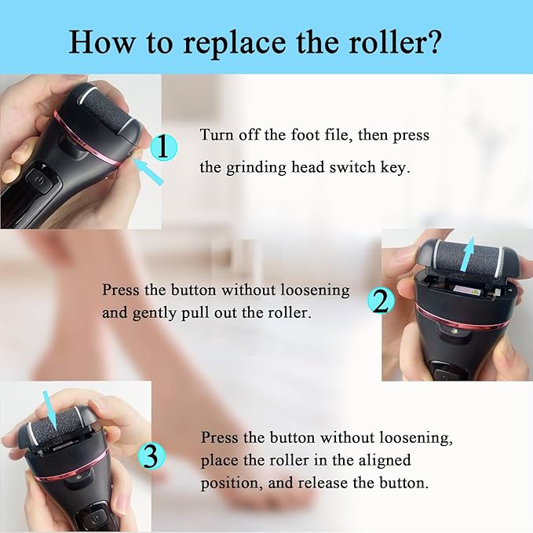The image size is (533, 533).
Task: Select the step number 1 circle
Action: [x=162, y=147]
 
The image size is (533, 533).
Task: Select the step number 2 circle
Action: [x=381, y=301]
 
